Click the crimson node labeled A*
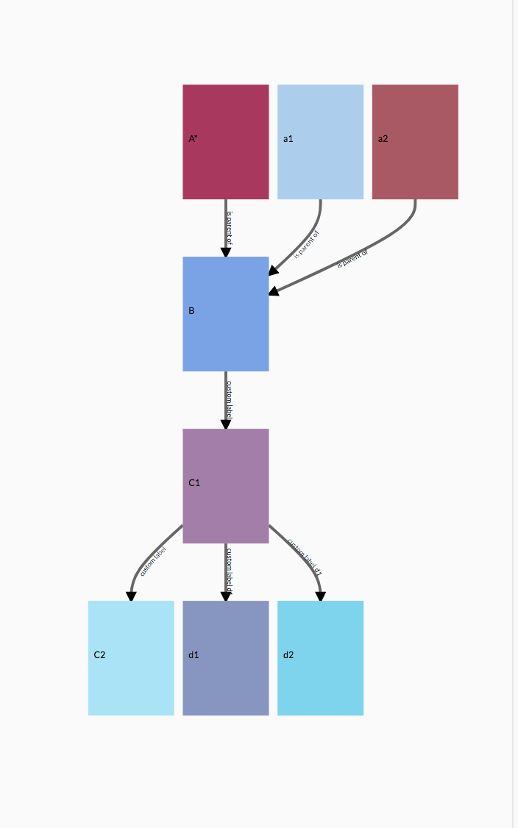pyautogui.click(x=226, y=142)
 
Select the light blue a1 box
pyautogui.click(x=320, y=142)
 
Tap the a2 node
pyautogui.click(x=415, y=142)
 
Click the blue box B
pyautogui.click(x=226, y=314)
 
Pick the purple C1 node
pyautogui.click(x=226, y=486)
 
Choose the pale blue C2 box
pyautogui.click(x=131, y=658)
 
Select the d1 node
pyautogui.click(x=226, y=658)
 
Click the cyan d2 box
pyautogui.click(x=320, y=658)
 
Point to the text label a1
pyautogui.click(x=288, y=139)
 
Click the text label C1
pyautogui.click(x=194, y=483)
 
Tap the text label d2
pyautogui.click(x=288, y=655)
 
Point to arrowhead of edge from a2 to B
pyautogui.click(x=274, y=291)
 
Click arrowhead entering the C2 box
pyautogui.click(x=131, y=596)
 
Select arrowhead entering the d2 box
pyautogui.click(x=320, y=596)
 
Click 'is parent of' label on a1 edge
pyautogui.click(x=307, y=244)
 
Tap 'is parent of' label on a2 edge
pyautogui.click(x=352, y=258)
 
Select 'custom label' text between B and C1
pyautogui.click(x=230, y=400)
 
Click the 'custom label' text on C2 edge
pyautogui.click(x=153, y=560)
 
